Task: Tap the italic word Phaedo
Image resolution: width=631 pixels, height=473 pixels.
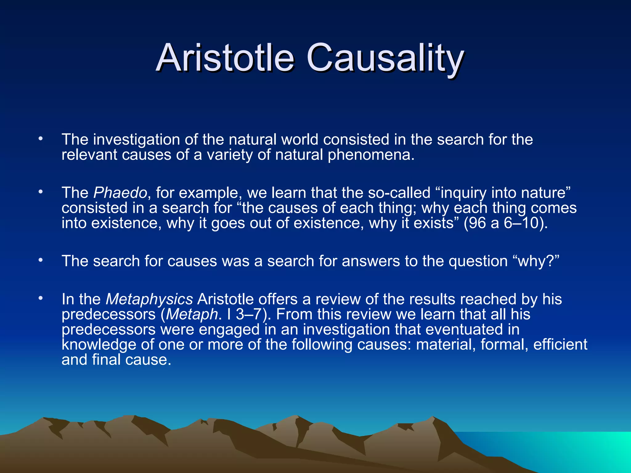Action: coord(120,193)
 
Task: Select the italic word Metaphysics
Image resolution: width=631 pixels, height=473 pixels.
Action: coord(149,299)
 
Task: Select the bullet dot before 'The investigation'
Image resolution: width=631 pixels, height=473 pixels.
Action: coord(40,139)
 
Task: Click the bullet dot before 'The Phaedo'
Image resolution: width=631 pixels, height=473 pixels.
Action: coord(40,192)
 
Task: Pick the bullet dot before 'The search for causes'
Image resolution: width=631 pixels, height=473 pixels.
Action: coord(40,261)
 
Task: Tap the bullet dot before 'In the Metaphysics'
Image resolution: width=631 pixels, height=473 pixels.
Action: coord(40,298)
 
